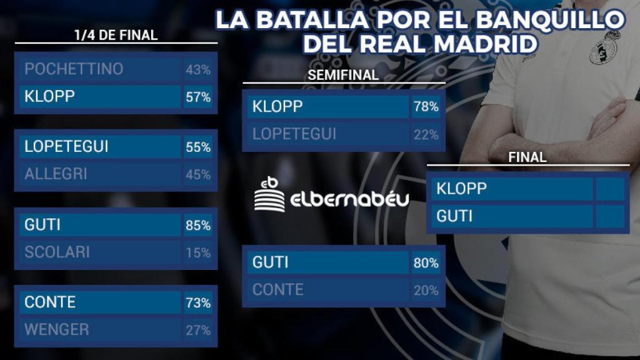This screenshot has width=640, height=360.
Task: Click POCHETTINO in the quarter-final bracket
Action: click(x=74, y=69)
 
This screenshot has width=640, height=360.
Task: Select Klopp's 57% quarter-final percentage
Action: click(x=197, y=97)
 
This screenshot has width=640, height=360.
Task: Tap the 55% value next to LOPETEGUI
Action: click(x=197, y=147)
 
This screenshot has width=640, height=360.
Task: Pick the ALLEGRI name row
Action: click(x=56, y=174)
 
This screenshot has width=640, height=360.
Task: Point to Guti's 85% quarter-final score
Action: click(x=197, y=225)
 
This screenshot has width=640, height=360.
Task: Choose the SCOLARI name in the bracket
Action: click(x=57, y=252)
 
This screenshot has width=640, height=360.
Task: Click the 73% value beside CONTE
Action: click(x=197, y=303)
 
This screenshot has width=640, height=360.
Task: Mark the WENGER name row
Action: click(x=57, y=329)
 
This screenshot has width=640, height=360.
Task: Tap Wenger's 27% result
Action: click(x=197, y=330)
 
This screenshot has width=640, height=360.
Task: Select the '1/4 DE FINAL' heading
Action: click(x=116, y=35)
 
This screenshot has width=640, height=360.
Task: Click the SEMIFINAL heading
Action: click(x=343, y=75)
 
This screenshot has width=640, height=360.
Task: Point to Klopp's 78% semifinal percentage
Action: click(x=426, y=107)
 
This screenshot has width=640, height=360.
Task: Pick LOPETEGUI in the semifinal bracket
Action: click(x=294, y=134)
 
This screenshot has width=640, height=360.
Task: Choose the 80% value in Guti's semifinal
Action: click(x=426, y=263)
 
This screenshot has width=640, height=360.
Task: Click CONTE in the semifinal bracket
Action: click(x=277, y=290)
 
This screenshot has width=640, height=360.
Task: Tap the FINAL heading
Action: click(x=527, y=157)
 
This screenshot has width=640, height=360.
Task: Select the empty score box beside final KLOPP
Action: click(x=610, y=189)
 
